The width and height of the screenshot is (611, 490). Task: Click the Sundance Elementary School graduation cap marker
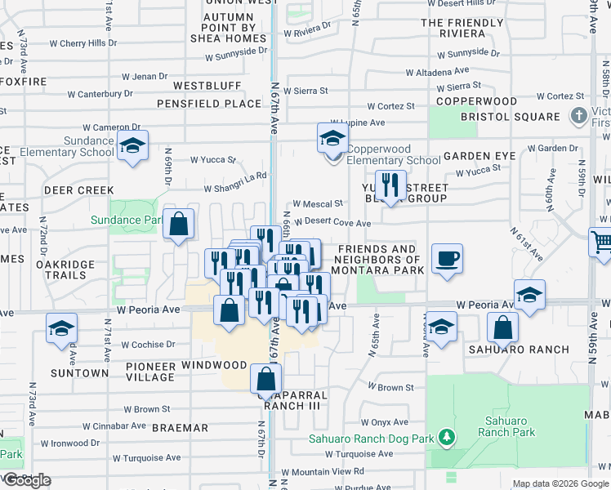click(x=132, y=146)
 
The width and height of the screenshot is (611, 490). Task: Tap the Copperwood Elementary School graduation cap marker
click(x=333, y=138)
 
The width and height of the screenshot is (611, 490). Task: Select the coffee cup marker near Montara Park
click(x=447, y=259)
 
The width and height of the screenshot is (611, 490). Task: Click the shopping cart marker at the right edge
click(x=601, y=242)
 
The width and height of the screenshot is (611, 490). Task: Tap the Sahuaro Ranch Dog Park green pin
click(x=446, y=438)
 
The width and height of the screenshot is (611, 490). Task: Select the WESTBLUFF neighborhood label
click(x=207, y=85)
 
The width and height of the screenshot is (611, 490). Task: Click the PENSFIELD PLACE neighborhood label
click(x=208, y=104)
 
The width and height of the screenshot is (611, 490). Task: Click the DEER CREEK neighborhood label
click(x=79, y=190)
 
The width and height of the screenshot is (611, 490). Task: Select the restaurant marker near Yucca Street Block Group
click(x=390, y=185)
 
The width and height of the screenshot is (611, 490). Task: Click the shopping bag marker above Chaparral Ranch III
click(x=266, y=379)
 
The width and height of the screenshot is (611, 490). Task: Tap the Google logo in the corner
click(x=26, y=480)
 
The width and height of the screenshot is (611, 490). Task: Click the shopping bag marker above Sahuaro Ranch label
click(x=502, y=327)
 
